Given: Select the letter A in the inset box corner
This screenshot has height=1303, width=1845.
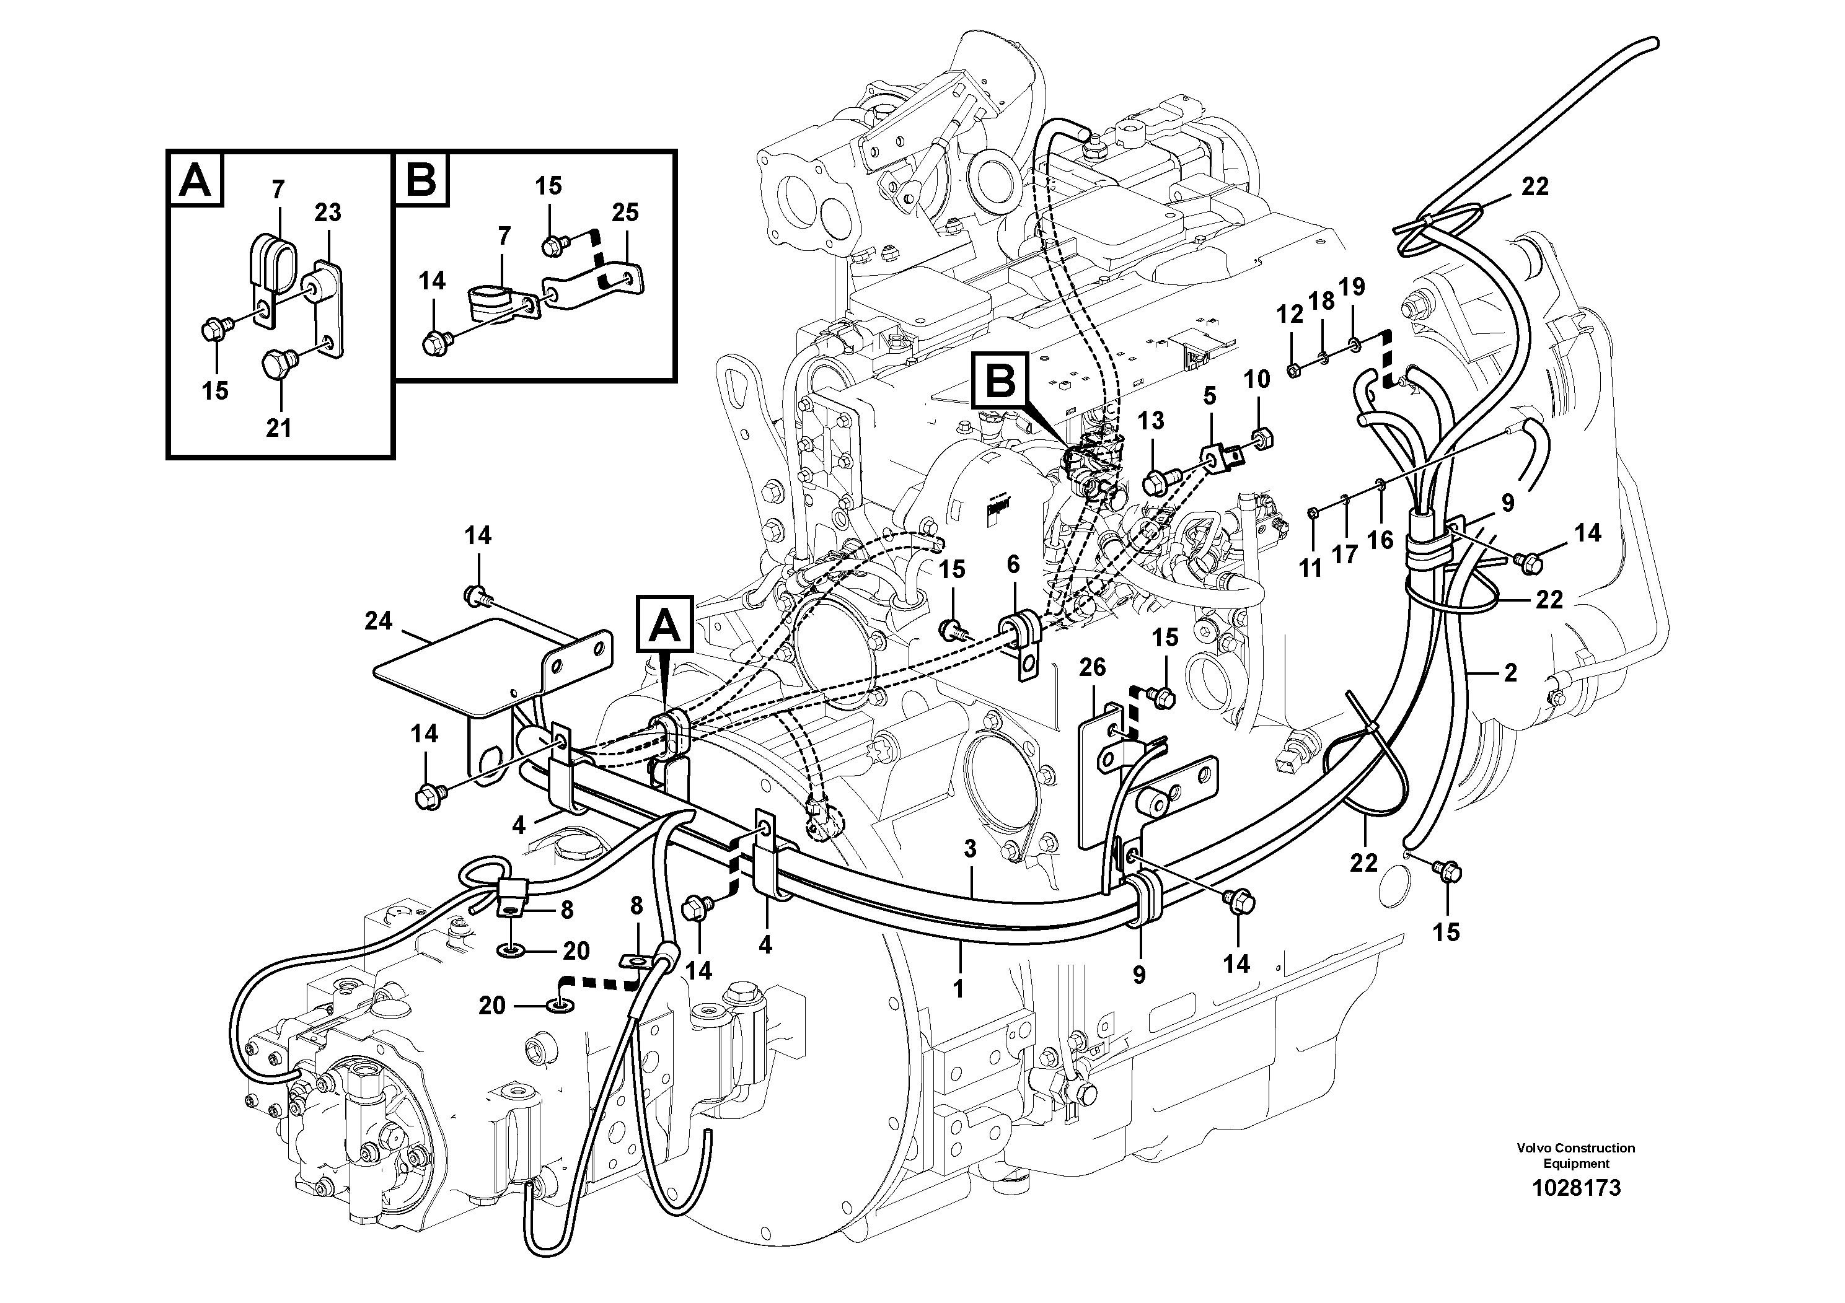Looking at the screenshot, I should coord(195,179).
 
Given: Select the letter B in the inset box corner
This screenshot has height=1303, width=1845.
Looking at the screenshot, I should coord(421,179).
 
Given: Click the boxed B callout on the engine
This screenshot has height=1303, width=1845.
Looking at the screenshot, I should coord(1000,382).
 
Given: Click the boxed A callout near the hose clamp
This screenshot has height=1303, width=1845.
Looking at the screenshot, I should coord(664,624).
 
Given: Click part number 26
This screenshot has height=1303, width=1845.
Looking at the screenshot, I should coord(1092,667).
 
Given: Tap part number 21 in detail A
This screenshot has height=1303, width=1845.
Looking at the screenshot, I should coord(278,428).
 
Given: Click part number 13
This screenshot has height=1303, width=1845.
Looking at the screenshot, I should coord(1151,420).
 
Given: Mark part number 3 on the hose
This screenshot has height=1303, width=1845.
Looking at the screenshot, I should coord(970,849).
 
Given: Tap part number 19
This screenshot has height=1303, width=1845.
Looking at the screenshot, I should coord(1352,286).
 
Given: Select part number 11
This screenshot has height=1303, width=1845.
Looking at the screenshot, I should coord(1311,568).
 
